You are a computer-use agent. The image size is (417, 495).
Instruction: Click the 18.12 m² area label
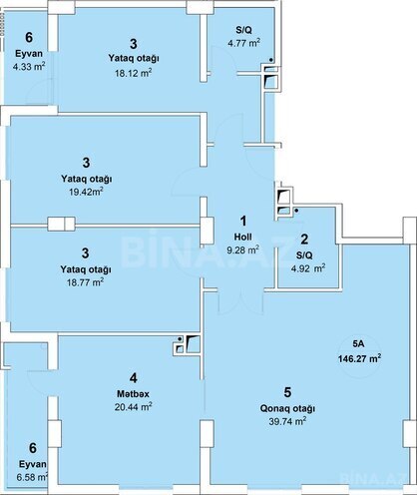(x=134, y=73)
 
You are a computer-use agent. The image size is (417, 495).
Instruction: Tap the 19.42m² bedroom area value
(x=86, y=192)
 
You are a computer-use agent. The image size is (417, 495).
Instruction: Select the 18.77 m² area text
(x=86, y=282)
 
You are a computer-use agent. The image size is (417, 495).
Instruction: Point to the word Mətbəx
(x=133, y=394)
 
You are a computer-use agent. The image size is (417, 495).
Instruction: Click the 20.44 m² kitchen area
(x=134, y=406)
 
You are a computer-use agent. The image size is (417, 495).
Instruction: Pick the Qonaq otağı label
(x=287, y=408)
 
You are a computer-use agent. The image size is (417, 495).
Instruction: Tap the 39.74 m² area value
(x=287, y=421)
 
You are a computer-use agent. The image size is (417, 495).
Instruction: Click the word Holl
(x=243, y=237)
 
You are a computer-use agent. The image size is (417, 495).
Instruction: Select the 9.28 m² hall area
(x=243, y=249)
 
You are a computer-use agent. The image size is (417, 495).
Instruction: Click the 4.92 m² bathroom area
(x=308, y=267)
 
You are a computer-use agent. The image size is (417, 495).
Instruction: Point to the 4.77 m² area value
(x=244, y=43)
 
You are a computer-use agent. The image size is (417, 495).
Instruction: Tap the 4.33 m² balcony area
(x=29, y=66)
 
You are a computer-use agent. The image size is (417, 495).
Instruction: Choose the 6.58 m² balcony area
(x=32, y=477)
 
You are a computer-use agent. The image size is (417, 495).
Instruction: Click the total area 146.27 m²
(x=359, y=358)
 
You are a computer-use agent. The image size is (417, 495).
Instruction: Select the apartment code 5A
(x=359, y=344)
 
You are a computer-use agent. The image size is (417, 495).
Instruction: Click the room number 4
(x=134, y=378)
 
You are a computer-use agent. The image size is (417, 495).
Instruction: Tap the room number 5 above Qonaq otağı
(x=287, y=392)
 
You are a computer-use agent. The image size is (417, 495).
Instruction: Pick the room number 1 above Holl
(x=243, y=221)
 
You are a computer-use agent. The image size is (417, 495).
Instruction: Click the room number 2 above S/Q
(x=304, y=240)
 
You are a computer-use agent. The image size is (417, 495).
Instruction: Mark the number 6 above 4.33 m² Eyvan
(x=29, y=37)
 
